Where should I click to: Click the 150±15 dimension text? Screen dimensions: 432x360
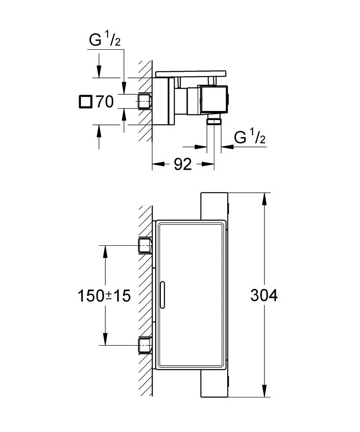[104, 296]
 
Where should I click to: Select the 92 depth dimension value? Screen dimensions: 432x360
[182, 164]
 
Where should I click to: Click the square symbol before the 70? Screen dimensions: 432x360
[85, 102]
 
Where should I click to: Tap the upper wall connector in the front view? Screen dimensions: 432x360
[144, 245]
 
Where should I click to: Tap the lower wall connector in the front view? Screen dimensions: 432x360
[144, 345]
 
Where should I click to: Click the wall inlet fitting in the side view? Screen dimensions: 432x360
[144, 102]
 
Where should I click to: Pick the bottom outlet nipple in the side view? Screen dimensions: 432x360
[214, 121]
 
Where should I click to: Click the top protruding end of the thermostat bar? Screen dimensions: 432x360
[213, 206]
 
